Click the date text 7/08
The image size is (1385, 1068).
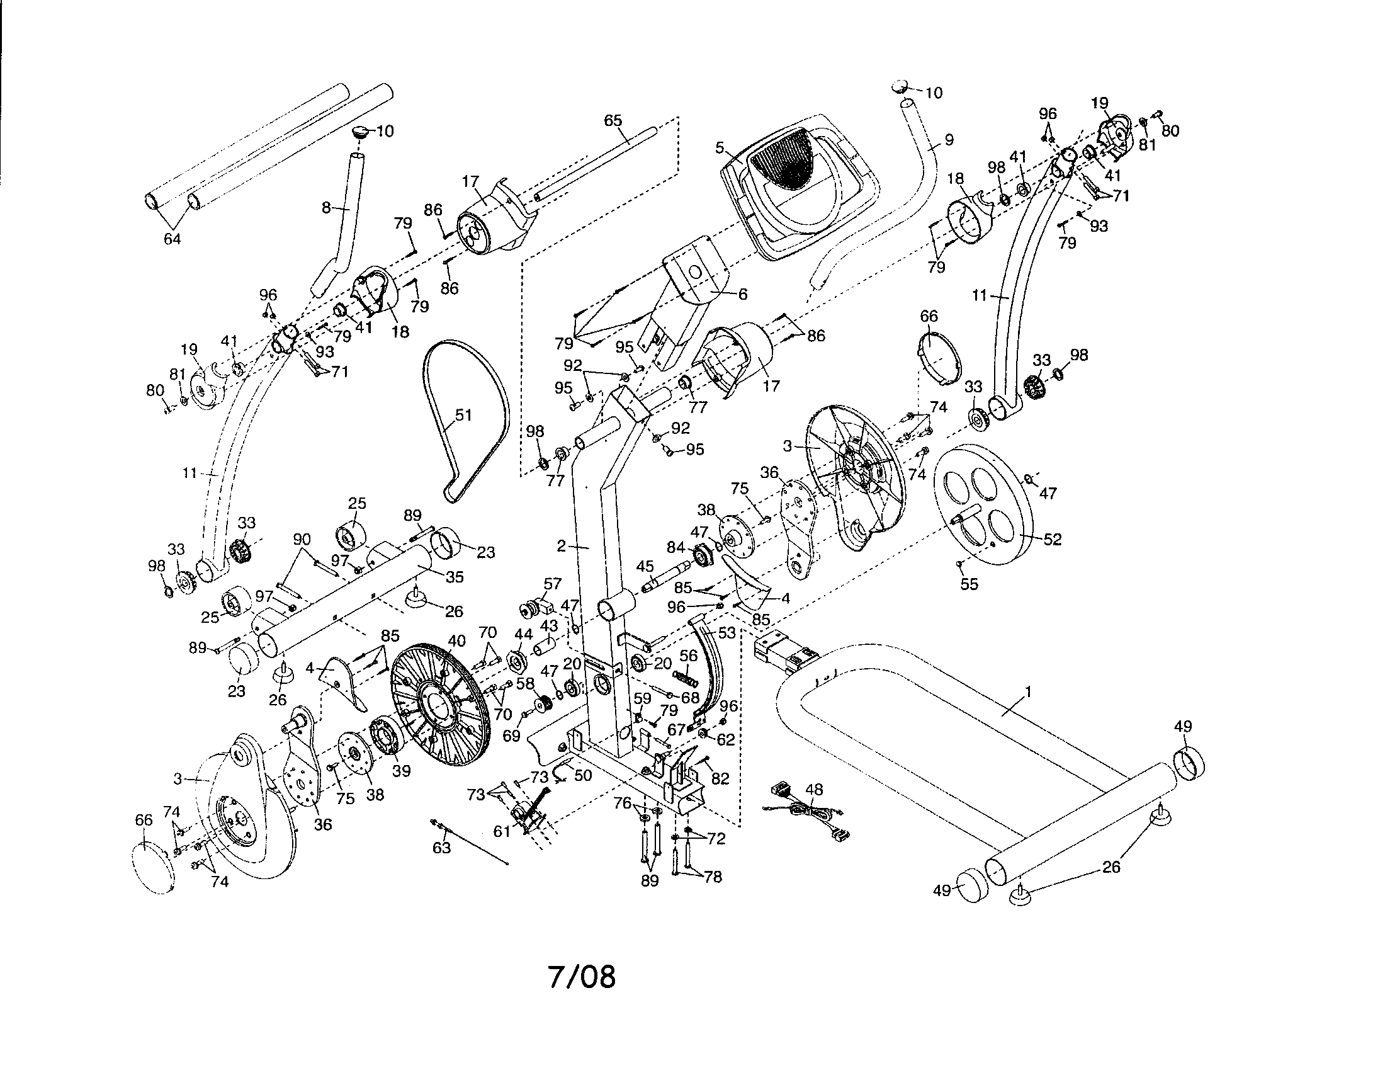point(582,977)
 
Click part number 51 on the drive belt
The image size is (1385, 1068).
point(463,416)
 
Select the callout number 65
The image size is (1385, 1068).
point(613,120)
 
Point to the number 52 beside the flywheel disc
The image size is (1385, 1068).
point(1052,539)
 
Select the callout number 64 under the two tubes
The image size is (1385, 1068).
point(172,239)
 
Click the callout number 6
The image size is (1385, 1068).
point(743,294)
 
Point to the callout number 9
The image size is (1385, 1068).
point(949,140)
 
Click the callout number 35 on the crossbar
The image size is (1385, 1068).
point(455,576)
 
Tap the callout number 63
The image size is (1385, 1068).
point(441,848)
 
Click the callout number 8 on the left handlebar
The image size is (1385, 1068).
point(326,207)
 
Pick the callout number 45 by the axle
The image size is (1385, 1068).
point(645,565)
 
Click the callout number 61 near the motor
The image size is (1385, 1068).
point(502,831)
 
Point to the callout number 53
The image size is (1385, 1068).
point(726,633)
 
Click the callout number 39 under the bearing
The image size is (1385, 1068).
point(401,771)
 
